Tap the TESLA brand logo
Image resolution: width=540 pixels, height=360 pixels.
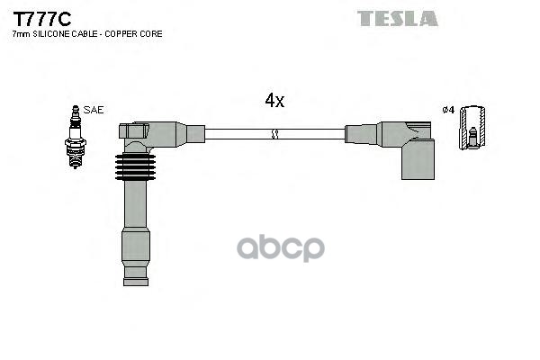pos(397,18)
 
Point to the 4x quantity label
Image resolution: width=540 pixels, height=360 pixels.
pos(274,101)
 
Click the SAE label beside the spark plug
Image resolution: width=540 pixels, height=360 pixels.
pos(94,110)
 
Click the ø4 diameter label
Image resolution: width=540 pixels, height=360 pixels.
pos(448,110)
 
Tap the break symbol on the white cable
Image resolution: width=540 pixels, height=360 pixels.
pos(275,134)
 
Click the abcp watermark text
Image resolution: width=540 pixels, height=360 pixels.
pos(296,248)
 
